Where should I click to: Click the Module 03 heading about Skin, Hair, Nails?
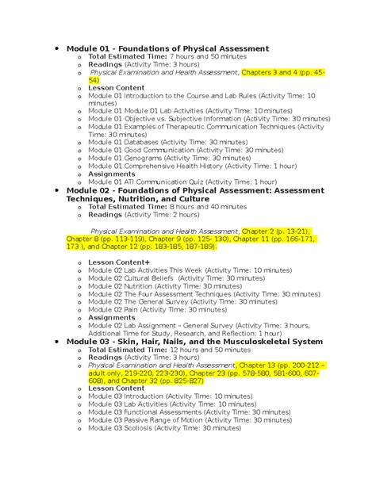click(195, 341)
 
